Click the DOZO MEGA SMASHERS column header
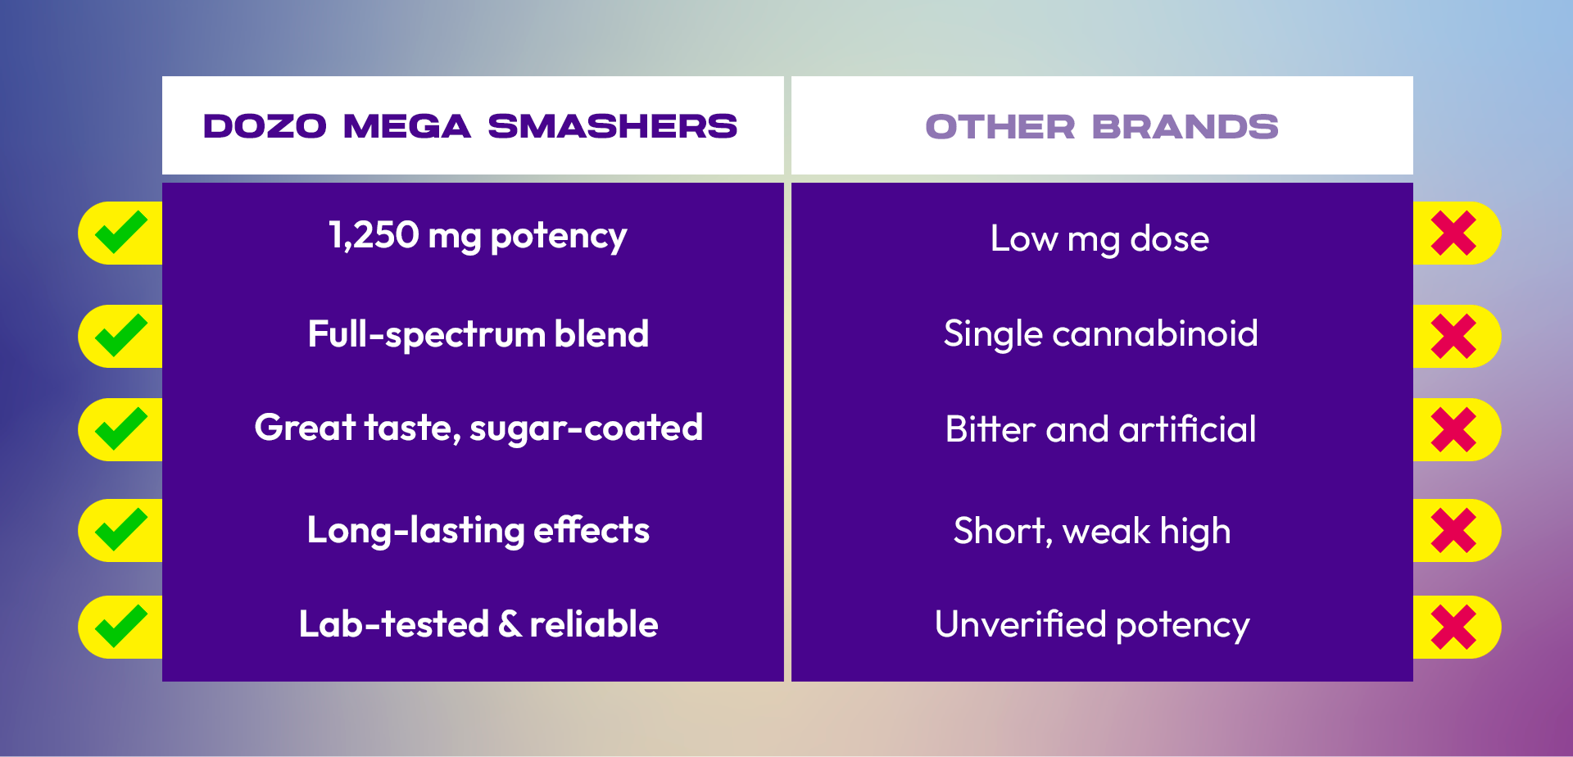470,126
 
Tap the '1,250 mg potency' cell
478,236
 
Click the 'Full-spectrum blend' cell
478,335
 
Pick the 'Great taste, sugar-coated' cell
478,428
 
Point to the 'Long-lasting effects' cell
478,530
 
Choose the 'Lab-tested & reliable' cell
478,624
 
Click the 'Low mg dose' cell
1099,239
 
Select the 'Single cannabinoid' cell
1100,334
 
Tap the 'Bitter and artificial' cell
1100,429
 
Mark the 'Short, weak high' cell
1092,531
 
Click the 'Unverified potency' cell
1092,625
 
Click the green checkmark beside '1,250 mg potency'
120,233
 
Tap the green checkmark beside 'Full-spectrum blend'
120,336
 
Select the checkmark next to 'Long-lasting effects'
120,530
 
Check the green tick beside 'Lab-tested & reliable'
120,627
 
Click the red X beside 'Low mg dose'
1453,233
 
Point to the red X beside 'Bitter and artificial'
1453,429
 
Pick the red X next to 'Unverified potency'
1453,628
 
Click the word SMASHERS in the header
613,126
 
